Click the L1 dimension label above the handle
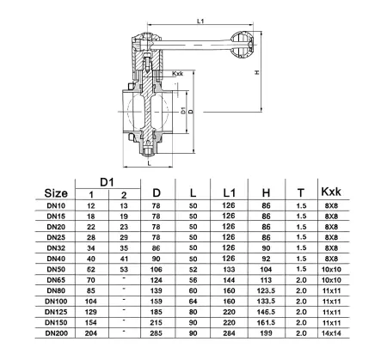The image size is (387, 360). click(200, 21)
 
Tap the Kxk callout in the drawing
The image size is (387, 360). click(177, 74)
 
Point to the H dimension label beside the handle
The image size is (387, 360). click(257, 72)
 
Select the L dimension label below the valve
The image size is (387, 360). click(149, 163)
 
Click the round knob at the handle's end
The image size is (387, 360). click(243, 45)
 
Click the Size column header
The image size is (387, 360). click(56, 193)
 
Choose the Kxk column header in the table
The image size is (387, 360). click(331, 192)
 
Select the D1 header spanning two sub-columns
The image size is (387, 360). click(107, 182)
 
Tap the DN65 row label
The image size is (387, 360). click(56, 280)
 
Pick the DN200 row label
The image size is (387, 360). click(56, 333)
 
